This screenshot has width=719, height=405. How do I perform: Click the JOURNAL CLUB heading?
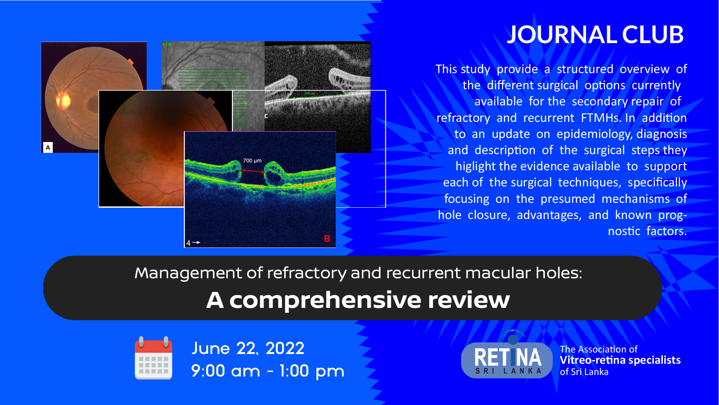pyautogui.click(x=595, y=34)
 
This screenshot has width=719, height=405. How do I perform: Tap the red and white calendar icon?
pyautogui.click(x=154, y=358)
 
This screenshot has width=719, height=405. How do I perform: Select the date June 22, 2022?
pyautogui.click(x=248, y=348)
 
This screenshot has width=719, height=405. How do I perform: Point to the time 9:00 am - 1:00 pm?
pyautogui.click(x=267, y=371)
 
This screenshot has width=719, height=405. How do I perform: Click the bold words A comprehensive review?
pyautogui.click(x=358, y=300)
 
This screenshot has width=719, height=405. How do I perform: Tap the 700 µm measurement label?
pyautogui.click(x=252, y=160)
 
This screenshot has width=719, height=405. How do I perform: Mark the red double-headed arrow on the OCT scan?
pyautogui.click(x=253, y=171)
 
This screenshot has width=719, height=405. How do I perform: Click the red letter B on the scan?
pyautogui.click(x=327, y=239)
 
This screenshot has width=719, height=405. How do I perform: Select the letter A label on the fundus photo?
pyautogui.click(x=48, y=147)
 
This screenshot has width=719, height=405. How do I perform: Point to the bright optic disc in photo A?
pyautogui.click(x=64, y=100)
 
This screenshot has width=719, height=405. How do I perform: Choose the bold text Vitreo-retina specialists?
pyautogui.click(x=620, y=360)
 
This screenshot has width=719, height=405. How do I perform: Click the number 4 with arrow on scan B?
pyautogui.click(x=193, y=243)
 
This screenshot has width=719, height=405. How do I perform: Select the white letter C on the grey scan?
pyautogui.click(x=266, y=116)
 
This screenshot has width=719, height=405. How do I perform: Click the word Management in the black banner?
pyautogui.click(x=188, y=273)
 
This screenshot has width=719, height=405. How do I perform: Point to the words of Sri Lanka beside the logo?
pyautogui.click(x=584, y=372)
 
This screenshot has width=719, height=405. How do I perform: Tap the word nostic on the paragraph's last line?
pyautogui.click(x=624, y=231)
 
